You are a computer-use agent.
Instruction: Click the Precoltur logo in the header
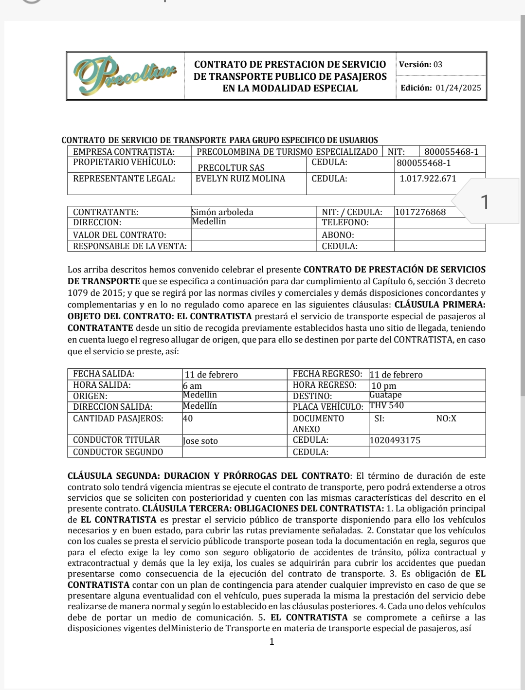125,75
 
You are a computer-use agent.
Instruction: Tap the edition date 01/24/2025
458,88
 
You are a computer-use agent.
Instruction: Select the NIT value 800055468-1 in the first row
451,152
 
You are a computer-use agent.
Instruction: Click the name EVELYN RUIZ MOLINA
240,179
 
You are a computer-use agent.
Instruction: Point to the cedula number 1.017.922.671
428,179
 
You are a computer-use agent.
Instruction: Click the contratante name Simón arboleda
222,212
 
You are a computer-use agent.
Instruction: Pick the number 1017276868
420,212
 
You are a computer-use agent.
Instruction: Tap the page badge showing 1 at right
485,201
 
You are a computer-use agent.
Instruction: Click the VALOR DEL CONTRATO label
119,235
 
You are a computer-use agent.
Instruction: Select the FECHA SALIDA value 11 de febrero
211,375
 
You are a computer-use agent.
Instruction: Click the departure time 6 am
192,386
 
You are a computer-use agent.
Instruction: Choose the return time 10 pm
383,386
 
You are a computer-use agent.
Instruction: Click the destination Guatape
385,395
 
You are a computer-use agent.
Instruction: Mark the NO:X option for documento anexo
446,418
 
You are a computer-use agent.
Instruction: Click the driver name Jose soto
200,441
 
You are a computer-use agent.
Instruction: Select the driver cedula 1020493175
395,441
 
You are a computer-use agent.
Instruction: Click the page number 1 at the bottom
272,642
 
